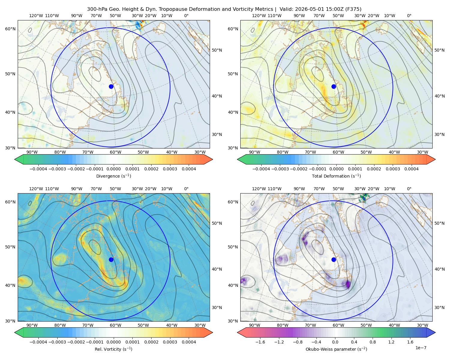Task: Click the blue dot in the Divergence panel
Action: point(111,86)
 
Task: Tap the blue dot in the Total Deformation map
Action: point(334,86)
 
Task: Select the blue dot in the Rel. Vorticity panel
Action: point(111,259)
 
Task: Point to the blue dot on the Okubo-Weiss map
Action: point(334,259)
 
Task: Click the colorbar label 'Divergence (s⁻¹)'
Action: point(113,176)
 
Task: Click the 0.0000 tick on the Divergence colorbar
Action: point(113,169)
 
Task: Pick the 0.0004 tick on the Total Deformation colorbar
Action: point(412,169)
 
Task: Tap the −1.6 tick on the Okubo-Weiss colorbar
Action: point(260,342)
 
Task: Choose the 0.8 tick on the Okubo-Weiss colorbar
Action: point(373,342)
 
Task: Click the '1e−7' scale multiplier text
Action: point(421,348)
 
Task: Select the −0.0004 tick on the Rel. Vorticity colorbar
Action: point(38,342)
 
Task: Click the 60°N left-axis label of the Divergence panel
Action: point(10,29)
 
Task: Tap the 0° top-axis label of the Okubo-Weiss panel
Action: point(409,189)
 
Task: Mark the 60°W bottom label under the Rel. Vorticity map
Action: point(115,325)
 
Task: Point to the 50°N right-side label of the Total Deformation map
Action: point(440,50)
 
